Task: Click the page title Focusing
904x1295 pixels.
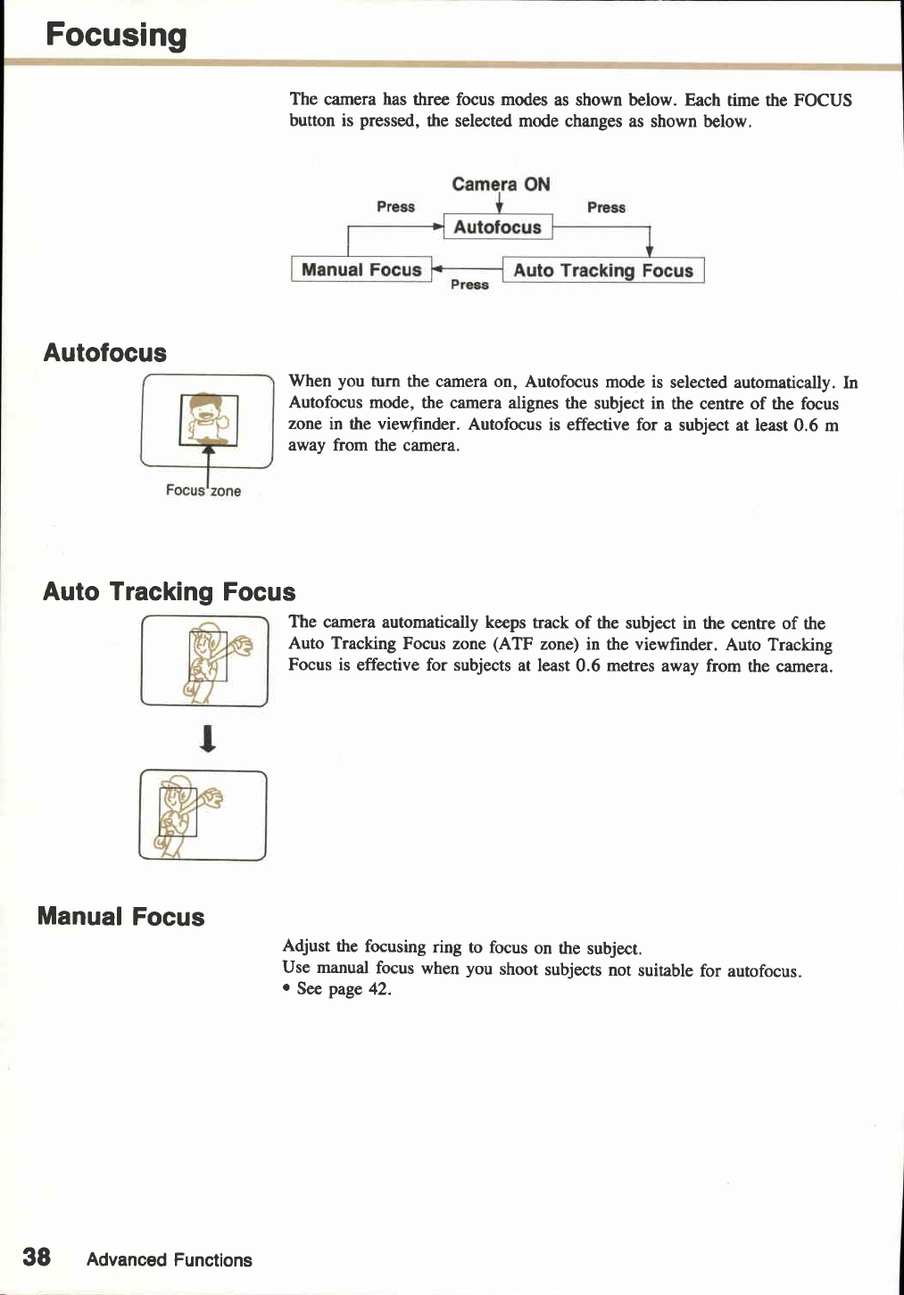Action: tap(116, 36)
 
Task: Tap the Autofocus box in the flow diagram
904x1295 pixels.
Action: tap(497, 227)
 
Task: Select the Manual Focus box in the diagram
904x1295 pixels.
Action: tap(361, 270)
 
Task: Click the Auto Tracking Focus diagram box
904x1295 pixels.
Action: tap(603, 270)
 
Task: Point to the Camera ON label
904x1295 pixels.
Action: tap(501, 185)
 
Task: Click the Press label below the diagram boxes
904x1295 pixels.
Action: tap(469, 285)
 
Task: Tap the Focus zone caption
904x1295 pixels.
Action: tap(203, 491)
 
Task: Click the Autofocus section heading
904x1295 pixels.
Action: tap(105, 353)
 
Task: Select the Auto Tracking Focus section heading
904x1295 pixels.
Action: tap(169, 592)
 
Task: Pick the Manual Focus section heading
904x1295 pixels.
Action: tap(121, 917)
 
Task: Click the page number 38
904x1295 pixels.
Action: tap(37, 1258)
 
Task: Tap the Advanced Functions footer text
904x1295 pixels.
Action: tap(170, 1260)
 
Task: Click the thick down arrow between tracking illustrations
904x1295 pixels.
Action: tap(207, 738)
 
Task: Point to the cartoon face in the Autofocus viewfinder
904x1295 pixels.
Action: tap(208, 414)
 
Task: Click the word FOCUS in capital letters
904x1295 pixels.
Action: tap(822, 100)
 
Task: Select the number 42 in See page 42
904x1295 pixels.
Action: tap(379, 989)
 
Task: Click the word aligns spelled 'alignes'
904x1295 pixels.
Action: tap(534, 403)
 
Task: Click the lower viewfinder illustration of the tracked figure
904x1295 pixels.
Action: tap(203, 815)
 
